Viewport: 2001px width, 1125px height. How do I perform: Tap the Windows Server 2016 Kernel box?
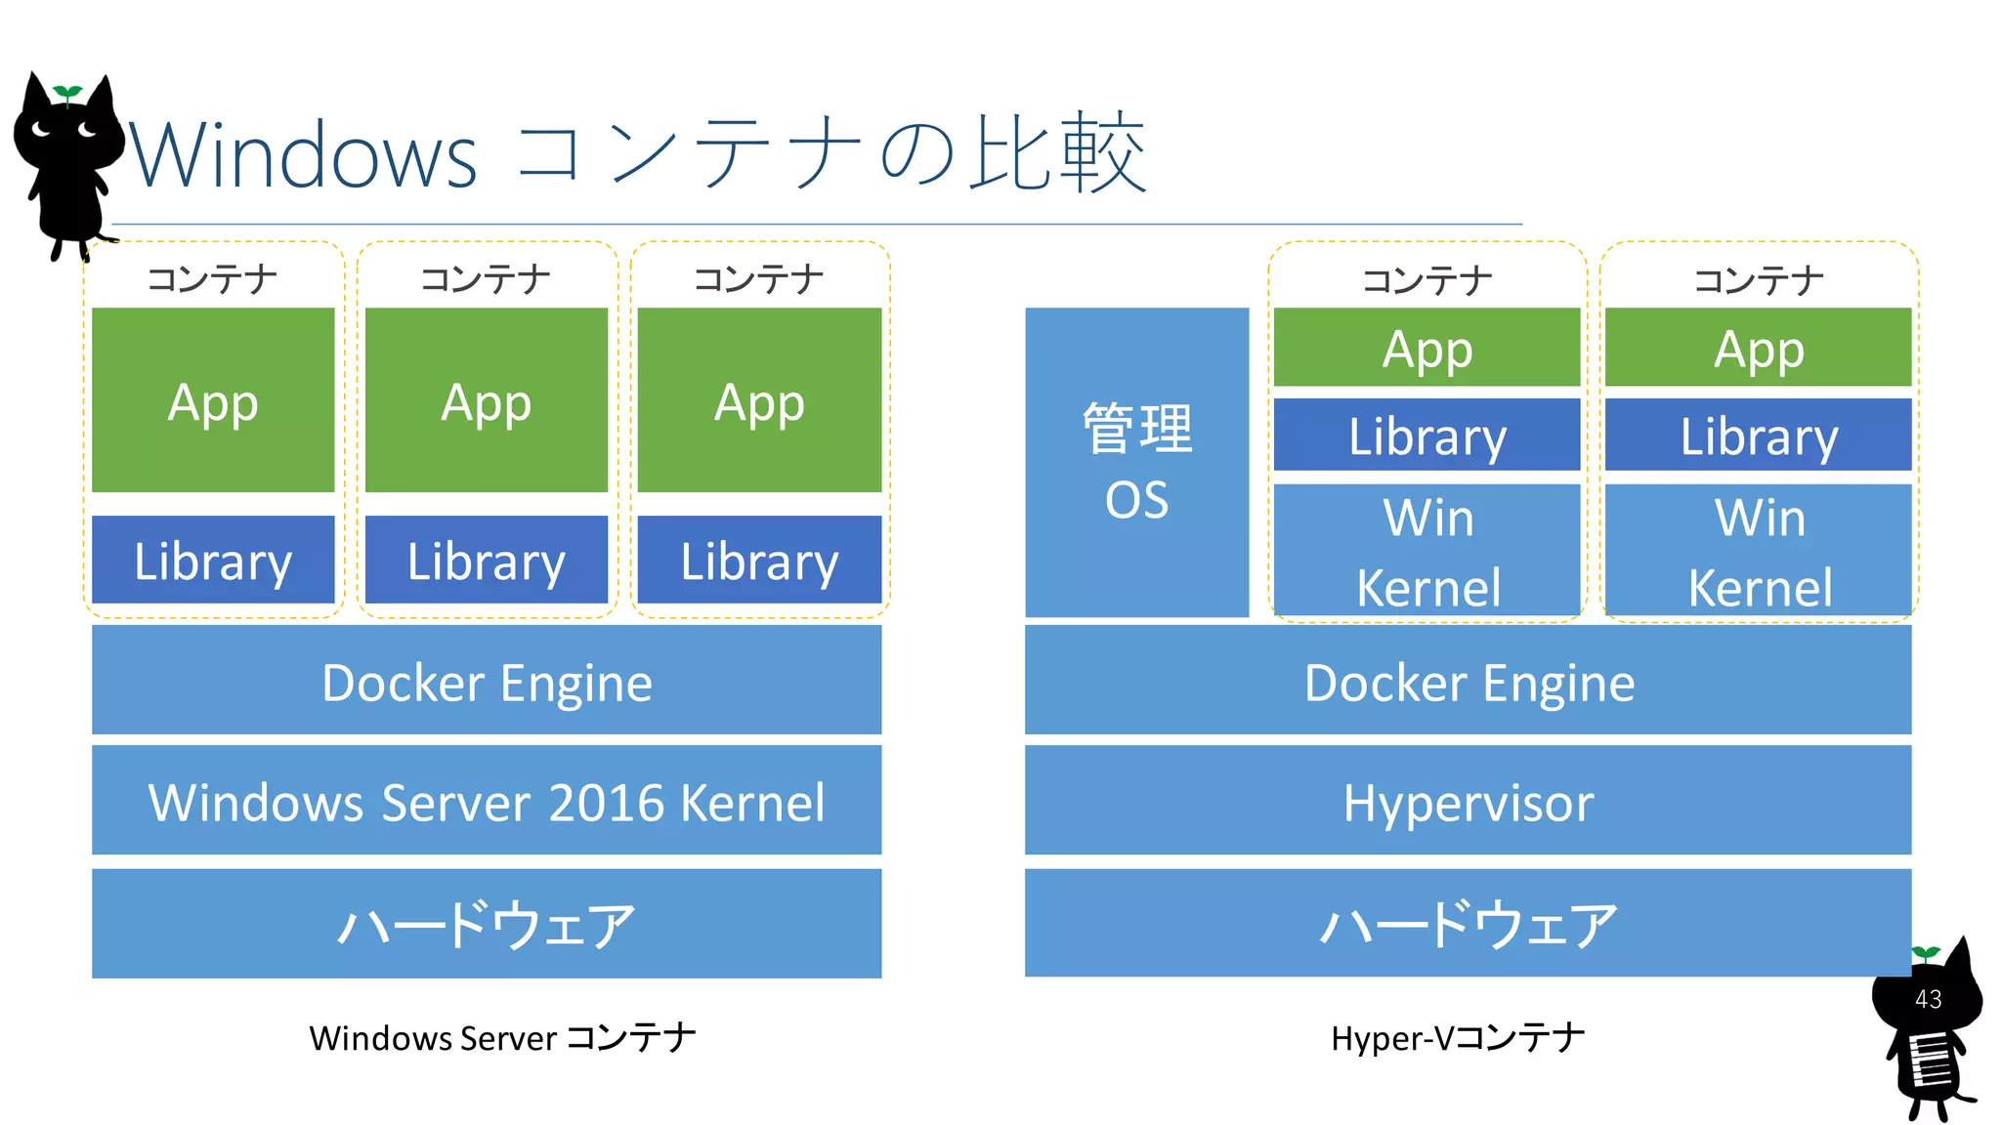click(x=487, y=801)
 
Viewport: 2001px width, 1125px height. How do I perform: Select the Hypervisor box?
click(x=1468, y=801)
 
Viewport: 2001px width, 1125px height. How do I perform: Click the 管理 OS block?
click(x=1136, y=462)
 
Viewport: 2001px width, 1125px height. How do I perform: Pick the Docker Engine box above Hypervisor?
click(x=1468, y=681)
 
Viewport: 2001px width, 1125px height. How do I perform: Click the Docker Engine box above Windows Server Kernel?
click(x=487, y=681)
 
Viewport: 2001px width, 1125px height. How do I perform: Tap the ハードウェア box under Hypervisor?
click(x=1468, y=923)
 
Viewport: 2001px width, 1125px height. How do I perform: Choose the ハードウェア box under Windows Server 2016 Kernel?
click(x=487, y=923)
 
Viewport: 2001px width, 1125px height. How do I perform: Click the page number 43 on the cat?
click(x=1928, y=999)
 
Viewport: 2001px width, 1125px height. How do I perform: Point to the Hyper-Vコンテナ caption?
click(x=1457, y=1037)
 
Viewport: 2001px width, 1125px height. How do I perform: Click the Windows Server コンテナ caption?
click(x=502, y=1037)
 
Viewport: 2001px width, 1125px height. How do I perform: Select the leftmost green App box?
click(x=213, y=400)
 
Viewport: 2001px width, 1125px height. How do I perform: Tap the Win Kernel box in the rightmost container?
click(x=1758, y=550)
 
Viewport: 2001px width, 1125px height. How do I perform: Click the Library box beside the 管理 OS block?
click(x=1426, y=435)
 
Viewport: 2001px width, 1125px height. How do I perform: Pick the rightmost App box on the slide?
click(x=1758, y=348)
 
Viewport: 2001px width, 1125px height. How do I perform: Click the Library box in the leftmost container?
click(x=213, y=560)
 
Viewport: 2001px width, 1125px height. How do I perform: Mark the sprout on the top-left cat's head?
click(x=67, y=94)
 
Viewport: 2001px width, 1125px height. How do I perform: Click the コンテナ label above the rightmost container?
click(x=1758, y=280)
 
